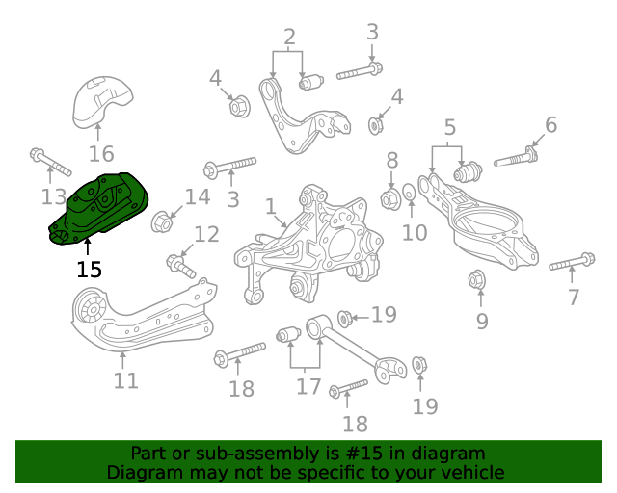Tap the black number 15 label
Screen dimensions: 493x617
tap(89, 271)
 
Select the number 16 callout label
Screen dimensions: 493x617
tap(101, 153)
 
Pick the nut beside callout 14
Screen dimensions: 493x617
tap(162, 222)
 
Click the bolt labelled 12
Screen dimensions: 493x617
tap(179, 261)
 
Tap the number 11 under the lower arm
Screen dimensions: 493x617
tap(125, 381)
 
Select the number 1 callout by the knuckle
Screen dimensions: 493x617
tap(271, 206)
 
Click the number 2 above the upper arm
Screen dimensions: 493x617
tap(289, 39)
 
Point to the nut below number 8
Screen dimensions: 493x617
tap(390, 199)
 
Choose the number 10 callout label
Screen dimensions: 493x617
tap(414, 232)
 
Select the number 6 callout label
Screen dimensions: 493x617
tap(550, 124)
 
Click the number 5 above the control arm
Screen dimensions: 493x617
tap(448, 126)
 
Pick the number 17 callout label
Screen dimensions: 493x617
tap(308, 387)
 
